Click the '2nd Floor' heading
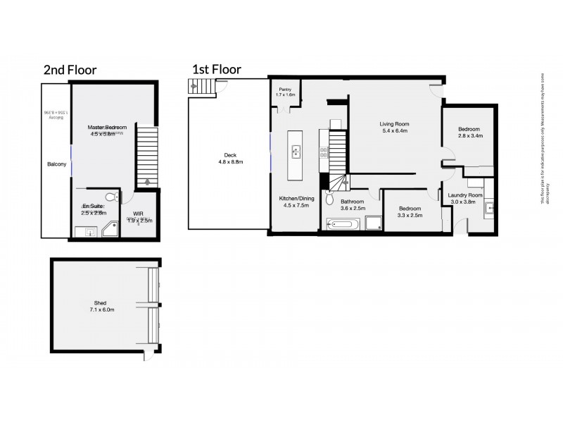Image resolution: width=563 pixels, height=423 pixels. point(70,69)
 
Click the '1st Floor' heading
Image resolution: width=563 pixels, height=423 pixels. point(217,69)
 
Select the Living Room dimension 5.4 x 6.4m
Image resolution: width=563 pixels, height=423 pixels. point(395,130)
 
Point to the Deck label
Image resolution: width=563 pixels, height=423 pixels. point(228,155)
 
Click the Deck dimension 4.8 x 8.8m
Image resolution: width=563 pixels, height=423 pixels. point(228,163)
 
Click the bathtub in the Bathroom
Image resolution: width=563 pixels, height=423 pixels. point(343,224)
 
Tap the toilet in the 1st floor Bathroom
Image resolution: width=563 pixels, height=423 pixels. point(329,199)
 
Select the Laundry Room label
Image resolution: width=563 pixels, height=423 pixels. point(465,195)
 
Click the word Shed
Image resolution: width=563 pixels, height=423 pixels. point(103,302)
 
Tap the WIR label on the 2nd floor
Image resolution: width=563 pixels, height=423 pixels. point(138,212)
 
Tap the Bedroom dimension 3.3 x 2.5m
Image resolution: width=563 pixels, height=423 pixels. point(410,216)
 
